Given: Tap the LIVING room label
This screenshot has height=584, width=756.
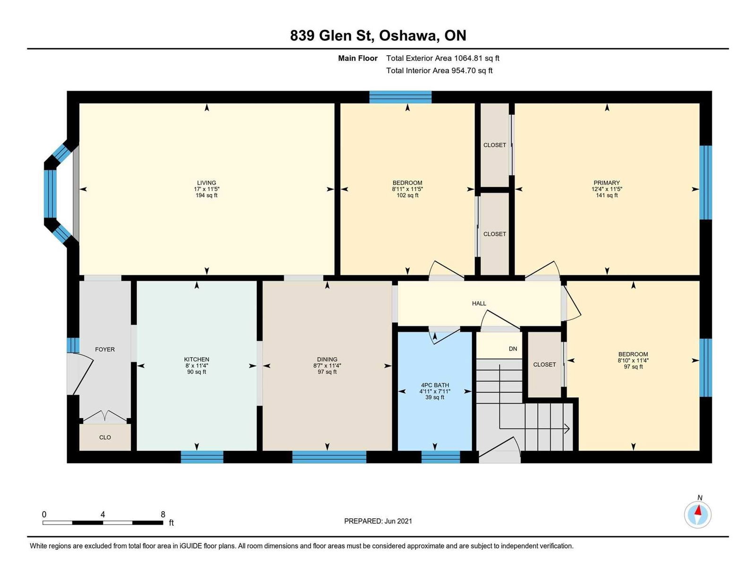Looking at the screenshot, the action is [206, 182].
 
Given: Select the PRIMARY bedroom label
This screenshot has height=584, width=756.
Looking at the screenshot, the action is [607, 182].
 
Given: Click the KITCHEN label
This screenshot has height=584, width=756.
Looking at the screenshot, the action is [197, 359].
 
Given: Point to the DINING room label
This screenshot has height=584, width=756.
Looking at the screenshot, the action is [327, 359].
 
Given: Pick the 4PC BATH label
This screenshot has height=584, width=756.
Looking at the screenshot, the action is [435, 385].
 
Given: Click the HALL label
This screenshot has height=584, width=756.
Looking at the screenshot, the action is [479, 303].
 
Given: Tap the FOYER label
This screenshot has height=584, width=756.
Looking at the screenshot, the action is [105, 349].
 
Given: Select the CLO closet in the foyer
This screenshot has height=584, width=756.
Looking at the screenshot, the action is [105, 437].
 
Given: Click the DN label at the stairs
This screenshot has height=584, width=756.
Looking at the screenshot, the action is [513, 349].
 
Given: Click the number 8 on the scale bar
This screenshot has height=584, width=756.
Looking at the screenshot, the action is [163, 514].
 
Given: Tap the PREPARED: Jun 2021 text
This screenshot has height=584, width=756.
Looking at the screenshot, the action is [378, 521].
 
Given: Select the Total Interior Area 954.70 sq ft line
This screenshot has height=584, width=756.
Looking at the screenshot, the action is [439, 70].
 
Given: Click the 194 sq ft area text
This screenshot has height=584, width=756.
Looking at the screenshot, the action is [206, 195].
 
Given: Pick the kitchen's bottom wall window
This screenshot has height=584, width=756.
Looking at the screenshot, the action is [202, 457].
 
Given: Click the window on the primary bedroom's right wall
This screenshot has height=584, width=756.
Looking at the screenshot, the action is [705, 182].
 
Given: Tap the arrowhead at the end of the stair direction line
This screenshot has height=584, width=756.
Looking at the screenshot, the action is [567, 429].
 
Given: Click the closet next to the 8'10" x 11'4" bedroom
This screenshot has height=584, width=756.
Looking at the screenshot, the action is [544, 364].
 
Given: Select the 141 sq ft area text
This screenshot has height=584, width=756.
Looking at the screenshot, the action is [607, 195].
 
